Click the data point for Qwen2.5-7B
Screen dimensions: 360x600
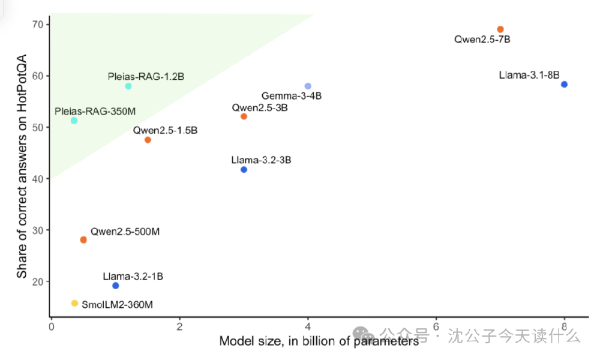click(500, 29)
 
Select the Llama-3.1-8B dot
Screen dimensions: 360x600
click(564, 85)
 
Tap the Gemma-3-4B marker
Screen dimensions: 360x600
click(308, 86)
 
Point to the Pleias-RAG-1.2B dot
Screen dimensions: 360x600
click(128, 86)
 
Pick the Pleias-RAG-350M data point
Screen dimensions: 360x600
click(74, 121)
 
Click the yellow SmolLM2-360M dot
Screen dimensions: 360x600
click(74, 303)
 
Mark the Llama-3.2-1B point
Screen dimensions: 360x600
click(116, 286)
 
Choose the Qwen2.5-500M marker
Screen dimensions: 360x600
click(83, 240)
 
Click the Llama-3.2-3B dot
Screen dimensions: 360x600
click(244, 170)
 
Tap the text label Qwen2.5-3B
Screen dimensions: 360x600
click(260, 108)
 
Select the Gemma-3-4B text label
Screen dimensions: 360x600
click(291, 96)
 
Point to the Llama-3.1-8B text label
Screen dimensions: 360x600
click(529, 76)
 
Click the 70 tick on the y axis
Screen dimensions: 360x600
click(40, 25)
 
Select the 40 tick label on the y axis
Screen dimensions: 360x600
click(40, 179)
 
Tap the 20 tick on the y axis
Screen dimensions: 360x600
click(40, 281)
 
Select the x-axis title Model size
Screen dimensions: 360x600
click(318, 341)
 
